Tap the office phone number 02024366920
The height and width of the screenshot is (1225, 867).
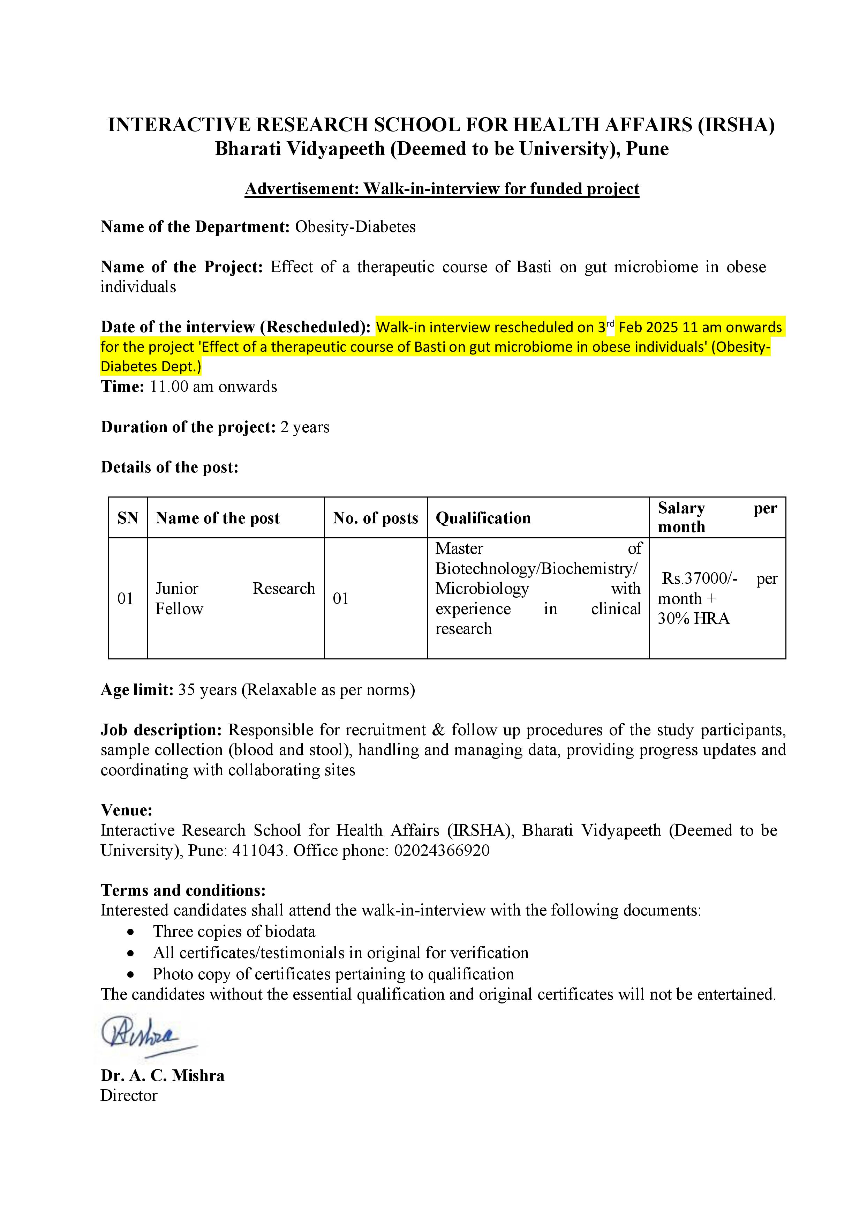[x=442, y=850]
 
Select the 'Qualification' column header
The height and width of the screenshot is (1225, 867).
[x=483, y=518]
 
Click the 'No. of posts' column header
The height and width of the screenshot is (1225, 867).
[x=375, y=518]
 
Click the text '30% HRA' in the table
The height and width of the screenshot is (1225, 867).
[x=693, y=618]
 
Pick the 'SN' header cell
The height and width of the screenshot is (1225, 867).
[x=128, y=518]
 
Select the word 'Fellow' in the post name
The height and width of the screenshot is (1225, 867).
[x=179, y=609]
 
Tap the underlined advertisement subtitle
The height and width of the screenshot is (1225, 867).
[x=442, y=189]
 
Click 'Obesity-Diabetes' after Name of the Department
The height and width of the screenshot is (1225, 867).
[x=355, y=227]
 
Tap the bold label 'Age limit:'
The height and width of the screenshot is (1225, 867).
[x=137, y=690]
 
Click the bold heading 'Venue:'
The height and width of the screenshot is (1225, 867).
[x=127, y=810]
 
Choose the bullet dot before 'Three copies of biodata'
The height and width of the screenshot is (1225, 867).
[x=131, y=932]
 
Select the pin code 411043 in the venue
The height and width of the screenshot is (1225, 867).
[x=257, y=850]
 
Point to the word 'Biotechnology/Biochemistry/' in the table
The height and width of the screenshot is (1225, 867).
[x=536, y=569]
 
